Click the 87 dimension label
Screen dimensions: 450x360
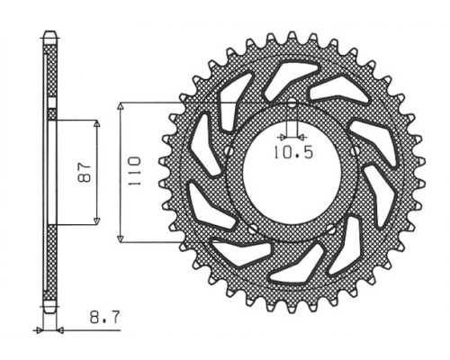point(85,173)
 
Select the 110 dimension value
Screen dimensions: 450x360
point(134,170)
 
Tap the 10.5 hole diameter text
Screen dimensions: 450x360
point(293,153)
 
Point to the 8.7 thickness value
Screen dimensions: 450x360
point(105,317)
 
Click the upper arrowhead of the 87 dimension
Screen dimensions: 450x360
point(96,124)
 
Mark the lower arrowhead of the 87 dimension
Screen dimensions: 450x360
point(96,220)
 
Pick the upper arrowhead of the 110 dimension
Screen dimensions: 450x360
point(121,107)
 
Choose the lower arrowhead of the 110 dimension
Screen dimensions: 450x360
point(121,238)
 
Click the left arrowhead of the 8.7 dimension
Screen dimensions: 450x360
point(39,330)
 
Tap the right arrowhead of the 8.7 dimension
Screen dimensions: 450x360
point(60,330)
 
